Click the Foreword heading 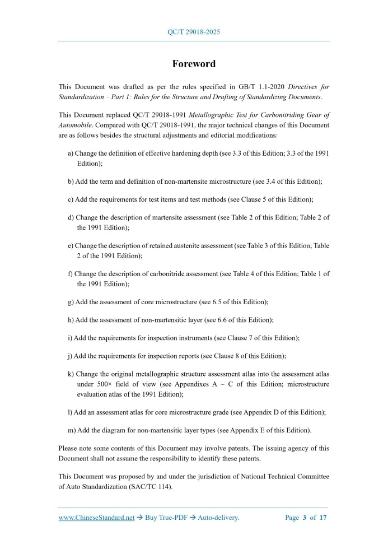click(x=194, y=64)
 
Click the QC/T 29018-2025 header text click(x=194, y=32)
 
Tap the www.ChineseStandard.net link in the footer click(x=96, y=518)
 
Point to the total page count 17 click(x=322, y=518)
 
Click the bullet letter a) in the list click(x=71, y=153)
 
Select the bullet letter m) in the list click(x=71, y=430)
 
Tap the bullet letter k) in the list click(x=71, y=374)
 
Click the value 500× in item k click(x=101, y=384)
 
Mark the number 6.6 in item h click(x=222, y=320)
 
